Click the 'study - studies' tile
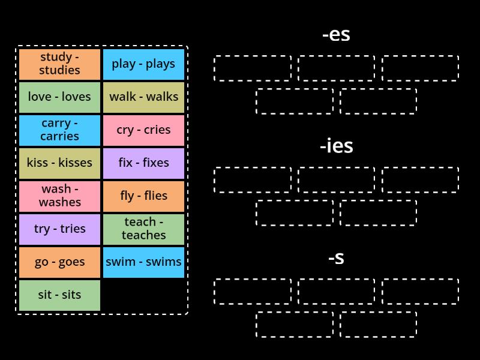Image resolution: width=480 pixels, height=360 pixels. [59, 64]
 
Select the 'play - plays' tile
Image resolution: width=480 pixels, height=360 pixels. [143, 64]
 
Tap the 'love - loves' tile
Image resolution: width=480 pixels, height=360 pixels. [59, 97]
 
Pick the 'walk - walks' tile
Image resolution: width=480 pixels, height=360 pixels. [143, 97]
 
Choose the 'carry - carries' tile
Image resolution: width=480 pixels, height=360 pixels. [59, 130]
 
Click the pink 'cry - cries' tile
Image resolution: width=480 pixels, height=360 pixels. [143, 130]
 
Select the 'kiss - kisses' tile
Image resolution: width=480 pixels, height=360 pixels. [59, 163]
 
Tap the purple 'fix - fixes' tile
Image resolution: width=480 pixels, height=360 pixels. [143, 163]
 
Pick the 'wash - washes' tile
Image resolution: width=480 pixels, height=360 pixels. [59, 196]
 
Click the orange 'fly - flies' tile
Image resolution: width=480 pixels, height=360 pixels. [143, 196]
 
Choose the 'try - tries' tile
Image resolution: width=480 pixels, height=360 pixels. [59, 229]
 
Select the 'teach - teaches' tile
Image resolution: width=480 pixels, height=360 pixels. [143, 229]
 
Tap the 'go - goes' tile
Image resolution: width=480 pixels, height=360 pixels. [59, 262]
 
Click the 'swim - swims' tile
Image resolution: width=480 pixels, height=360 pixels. [143, 262]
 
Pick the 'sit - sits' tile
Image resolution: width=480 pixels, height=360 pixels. [59, 295]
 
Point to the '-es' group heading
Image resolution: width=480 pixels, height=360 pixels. [336, 35]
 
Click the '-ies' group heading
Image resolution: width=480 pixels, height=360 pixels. [336, 146]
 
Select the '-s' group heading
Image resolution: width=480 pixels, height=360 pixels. [336, 258]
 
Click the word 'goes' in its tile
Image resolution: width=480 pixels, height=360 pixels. [71, 262]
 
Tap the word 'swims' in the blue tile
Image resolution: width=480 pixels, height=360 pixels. [163, 262]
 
